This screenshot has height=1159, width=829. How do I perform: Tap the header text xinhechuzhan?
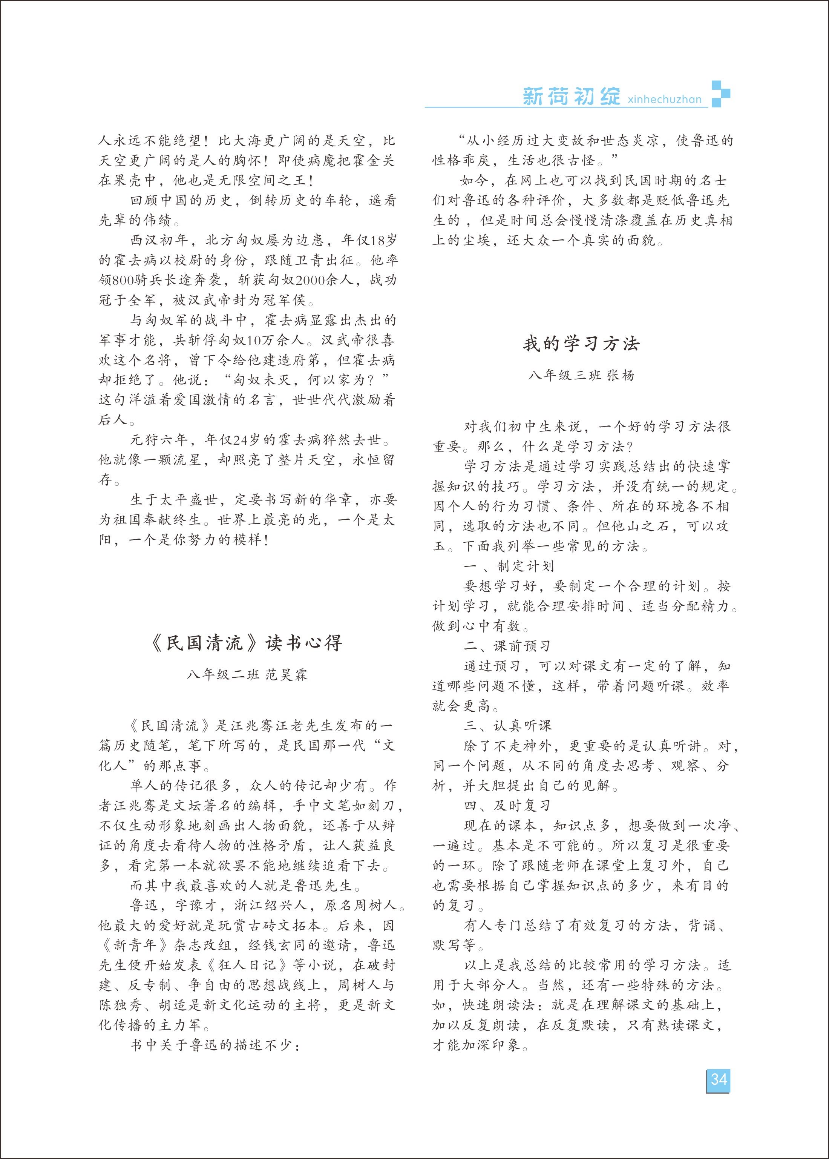[665, 99]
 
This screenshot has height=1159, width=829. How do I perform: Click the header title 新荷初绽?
[571, 96]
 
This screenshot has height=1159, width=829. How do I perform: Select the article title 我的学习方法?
[581, 344]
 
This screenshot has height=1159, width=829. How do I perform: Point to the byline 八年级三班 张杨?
[581, 375]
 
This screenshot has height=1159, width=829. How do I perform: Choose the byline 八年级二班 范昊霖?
[247, 674]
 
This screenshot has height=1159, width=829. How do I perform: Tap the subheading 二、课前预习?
[507, 646]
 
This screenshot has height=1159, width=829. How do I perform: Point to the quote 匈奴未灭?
[261, 380]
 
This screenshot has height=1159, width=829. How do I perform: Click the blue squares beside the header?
[720, 94]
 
